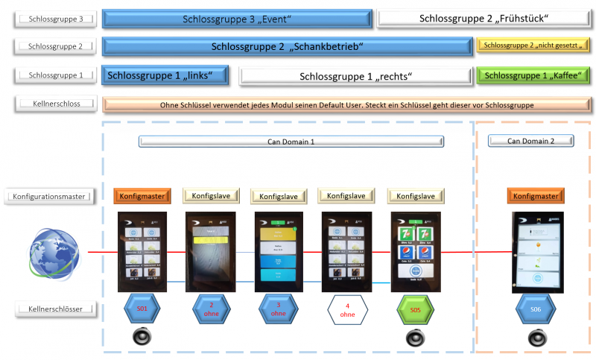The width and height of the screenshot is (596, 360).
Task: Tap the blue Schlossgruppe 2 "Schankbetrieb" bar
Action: (x=287, y=47)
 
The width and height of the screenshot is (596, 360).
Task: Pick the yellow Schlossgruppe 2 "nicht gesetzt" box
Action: (x=532, y=46)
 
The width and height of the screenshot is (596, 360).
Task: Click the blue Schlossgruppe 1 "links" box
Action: (x=165, y=75)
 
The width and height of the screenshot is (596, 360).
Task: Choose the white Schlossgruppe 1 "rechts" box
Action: (x=355, y=76)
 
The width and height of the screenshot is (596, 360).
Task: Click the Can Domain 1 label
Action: (x=291, y=141)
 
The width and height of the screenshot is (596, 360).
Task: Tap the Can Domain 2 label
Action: (x=530, y=140)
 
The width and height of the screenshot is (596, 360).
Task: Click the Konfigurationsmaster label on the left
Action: (x=50, y=196)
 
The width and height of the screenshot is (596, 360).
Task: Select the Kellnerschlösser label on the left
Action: (x=55, y=307)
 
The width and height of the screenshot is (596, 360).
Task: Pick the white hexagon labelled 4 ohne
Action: (x=346, y=309)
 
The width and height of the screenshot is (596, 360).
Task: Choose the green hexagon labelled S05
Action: (x=414, y=310)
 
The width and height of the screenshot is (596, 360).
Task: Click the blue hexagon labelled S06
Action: (x=536, y=310)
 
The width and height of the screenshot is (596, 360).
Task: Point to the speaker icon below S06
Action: (x=536, y=338)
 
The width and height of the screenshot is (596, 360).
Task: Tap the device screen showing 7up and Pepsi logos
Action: (x=414, y=251)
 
